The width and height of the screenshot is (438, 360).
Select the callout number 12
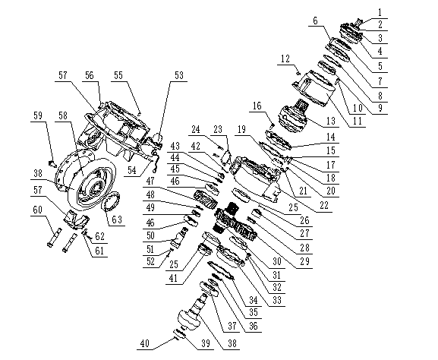(285, 58)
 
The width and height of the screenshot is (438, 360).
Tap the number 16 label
(257, 105)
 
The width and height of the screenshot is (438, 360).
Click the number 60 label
(36, 218)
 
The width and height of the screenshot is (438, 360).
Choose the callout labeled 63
(116, 221)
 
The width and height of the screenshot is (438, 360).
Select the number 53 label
(179, 76)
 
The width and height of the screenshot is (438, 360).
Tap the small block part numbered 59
(51, 162)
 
